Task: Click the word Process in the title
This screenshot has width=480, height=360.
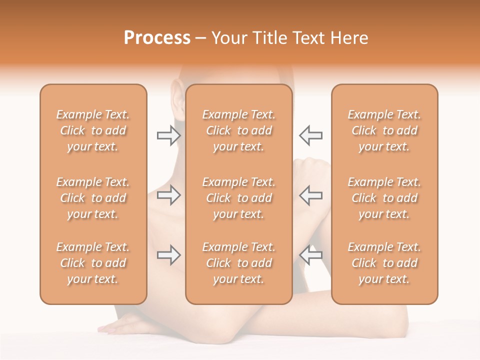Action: click(157, 38)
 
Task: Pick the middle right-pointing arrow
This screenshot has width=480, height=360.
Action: click(168, 195)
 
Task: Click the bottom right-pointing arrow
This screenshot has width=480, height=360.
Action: click(168, 255)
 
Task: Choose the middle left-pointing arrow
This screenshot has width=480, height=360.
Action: click(311, 195)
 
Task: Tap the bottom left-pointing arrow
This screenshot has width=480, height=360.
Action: click(311, 255)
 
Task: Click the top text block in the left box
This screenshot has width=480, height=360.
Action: click(93, 130)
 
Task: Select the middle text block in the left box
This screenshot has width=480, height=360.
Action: click(93, 198)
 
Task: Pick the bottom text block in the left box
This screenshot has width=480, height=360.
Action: click(93, 263)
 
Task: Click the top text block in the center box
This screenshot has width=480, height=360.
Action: click(239, 130)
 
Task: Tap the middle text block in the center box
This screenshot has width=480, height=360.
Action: click(239, 198)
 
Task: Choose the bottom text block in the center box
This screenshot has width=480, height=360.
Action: click(239, 263)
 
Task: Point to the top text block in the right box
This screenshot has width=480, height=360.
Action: click(384, 130)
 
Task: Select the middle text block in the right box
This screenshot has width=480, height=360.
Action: click(384, 198)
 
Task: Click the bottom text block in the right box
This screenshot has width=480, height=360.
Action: click(384, 263)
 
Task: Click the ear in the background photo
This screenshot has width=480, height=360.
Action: click(176, 95)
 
